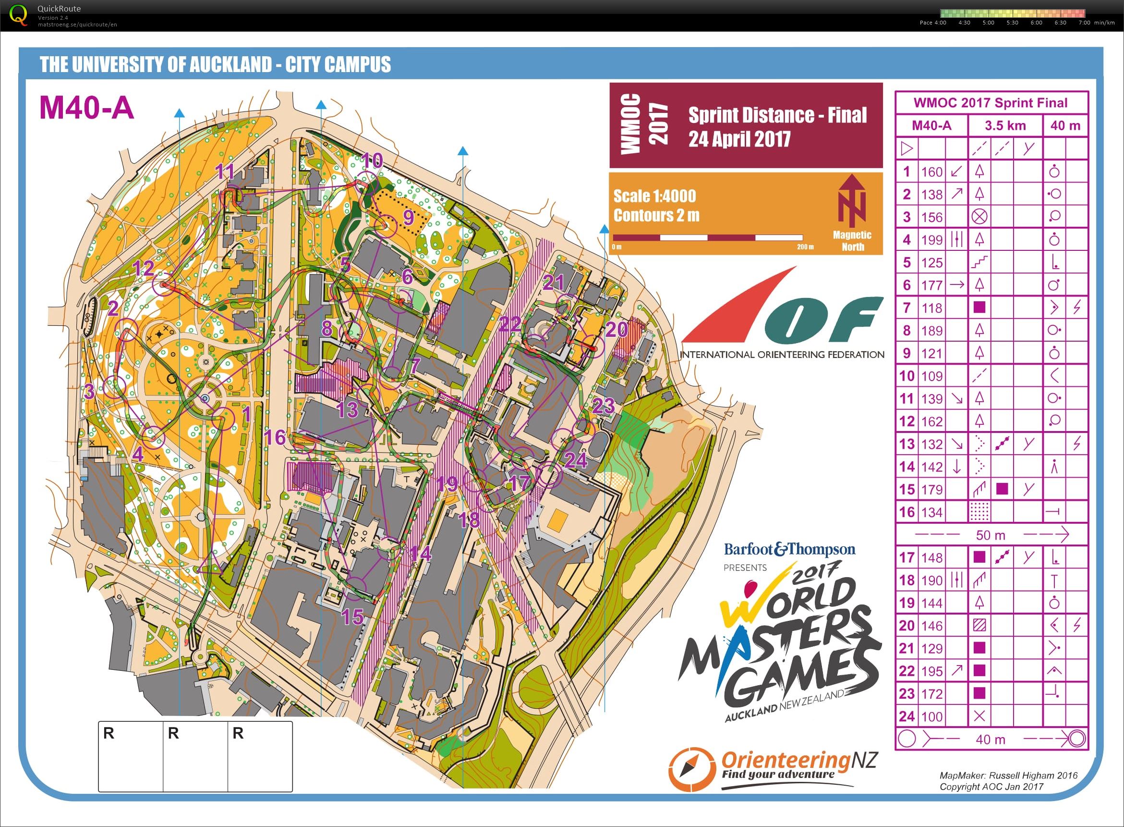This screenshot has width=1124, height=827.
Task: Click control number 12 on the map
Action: pos(144,268)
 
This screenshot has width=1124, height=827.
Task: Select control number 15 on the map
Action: pos(351,617)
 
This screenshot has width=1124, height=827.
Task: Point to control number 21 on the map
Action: pos(554,283)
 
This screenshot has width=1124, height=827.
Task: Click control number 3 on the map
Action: pos(89,391)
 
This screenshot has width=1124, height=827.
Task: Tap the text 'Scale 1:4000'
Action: pos(654,196)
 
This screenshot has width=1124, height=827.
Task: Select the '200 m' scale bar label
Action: pos(805,247)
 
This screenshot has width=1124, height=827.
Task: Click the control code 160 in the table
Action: pos(931,172)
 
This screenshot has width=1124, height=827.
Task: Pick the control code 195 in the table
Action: pos(931,671)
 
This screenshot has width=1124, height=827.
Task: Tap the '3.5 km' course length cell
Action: pos(1005,125)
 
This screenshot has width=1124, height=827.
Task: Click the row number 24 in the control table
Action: pos(906,716)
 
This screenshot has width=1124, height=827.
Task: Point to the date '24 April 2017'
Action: pos(739,139)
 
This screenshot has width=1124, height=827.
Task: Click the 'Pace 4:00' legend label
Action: pos(933,23)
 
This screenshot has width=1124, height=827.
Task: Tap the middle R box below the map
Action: pos(195,756)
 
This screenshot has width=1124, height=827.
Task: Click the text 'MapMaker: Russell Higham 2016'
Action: pos(1008,776)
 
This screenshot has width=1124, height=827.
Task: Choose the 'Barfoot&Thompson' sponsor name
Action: pos(789,550)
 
